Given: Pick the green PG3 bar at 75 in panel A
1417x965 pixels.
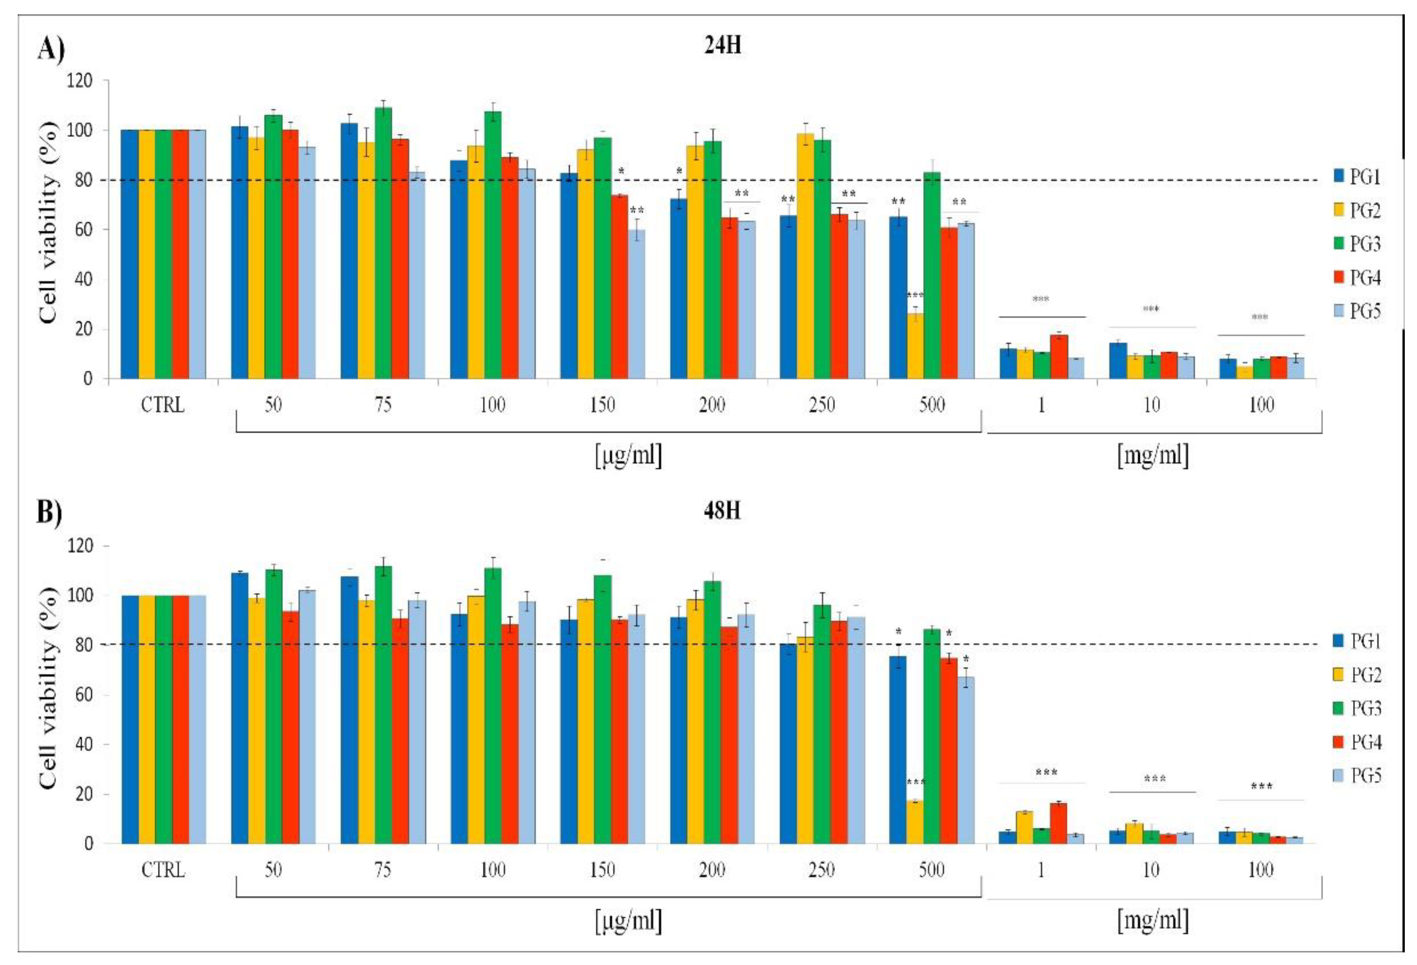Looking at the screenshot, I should pos(383,244).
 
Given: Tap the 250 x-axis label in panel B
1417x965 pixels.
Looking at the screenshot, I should pos(821,870).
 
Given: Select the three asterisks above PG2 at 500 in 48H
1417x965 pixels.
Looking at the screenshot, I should pos(916,783).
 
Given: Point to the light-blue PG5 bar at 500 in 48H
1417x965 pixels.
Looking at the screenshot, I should pos(966,760).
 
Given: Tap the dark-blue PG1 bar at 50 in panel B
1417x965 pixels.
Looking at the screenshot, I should pos(240,708).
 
